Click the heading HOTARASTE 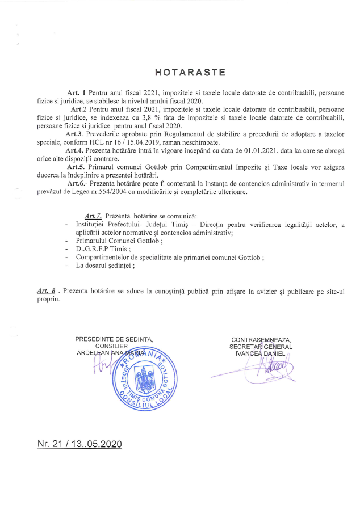190,72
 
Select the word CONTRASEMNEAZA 261,339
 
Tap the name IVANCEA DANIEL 261,353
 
